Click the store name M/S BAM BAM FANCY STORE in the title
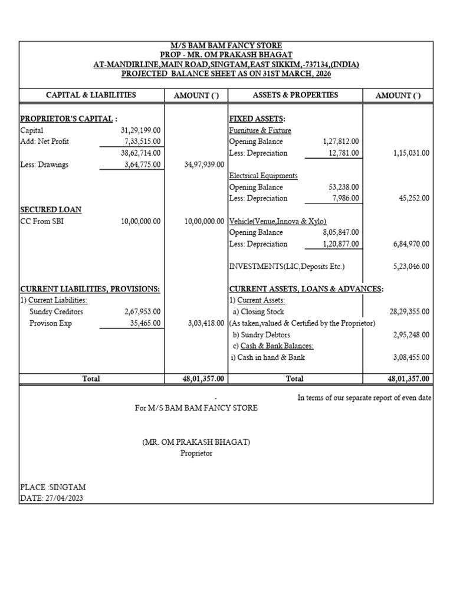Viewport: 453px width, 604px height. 226,46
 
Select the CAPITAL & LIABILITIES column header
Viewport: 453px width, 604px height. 91,95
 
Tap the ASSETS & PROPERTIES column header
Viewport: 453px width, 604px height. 295,95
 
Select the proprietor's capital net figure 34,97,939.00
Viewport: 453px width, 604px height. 203,165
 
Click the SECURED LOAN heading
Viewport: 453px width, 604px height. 51,210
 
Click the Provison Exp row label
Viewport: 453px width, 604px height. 50,323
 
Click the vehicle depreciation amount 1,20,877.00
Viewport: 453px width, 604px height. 341,244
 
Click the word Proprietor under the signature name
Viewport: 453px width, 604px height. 196,454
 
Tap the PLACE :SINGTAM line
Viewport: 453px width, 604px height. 53,488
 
